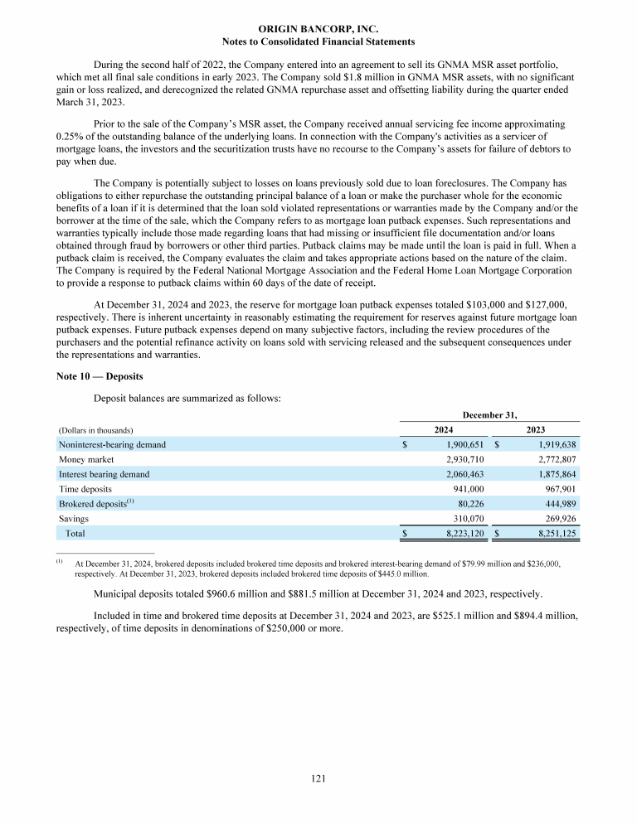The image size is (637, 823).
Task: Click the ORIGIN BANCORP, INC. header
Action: [319, 28]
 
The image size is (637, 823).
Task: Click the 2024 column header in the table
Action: [444, 429]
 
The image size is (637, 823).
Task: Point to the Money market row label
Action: [86, 459]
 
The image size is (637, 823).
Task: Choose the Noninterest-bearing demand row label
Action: [112, 444]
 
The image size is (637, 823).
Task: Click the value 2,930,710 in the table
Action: [464, 459]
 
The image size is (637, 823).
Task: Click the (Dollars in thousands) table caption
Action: [96, 430]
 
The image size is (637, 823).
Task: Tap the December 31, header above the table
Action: [490, 413]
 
